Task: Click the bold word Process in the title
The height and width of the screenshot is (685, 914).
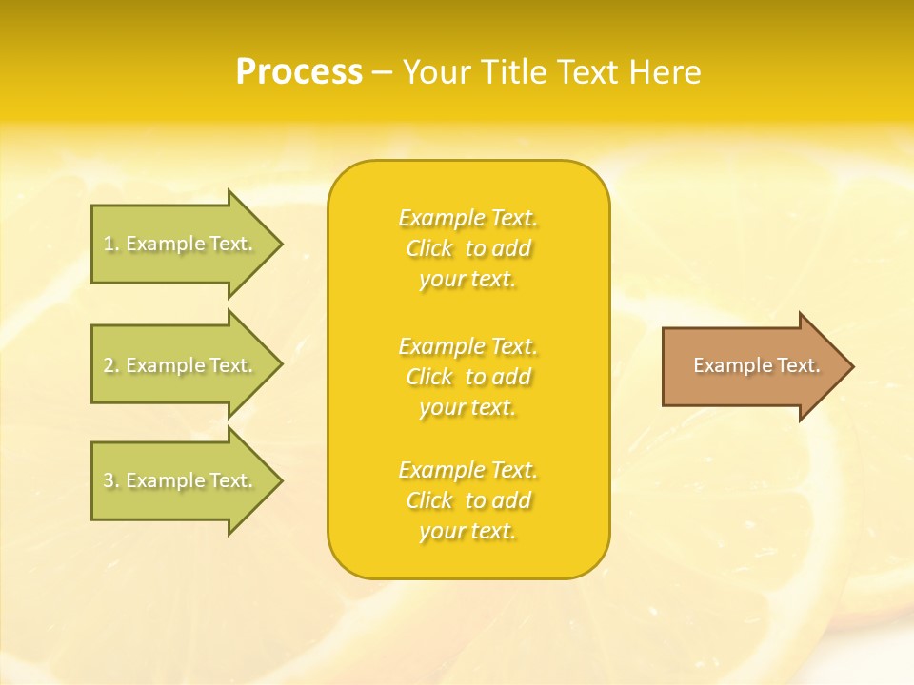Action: [299, 72]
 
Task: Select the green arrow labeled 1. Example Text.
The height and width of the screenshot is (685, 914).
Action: [181, 244]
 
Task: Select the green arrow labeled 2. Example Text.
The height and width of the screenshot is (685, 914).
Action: [181, 365]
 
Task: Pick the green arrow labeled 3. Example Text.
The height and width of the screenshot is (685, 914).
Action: [181, 480]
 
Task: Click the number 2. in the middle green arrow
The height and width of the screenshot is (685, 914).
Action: [110, 365]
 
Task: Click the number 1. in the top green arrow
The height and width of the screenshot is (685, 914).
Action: [110, 244]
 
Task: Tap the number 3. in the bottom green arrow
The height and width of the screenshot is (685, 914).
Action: [110, 480]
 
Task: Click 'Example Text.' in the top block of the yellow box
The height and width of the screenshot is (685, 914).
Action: [467, 218]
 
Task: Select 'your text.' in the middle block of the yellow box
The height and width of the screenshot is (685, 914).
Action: [467, 407]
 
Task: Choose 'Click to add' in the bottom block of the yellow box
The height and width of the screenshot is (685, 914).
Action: [467, 500]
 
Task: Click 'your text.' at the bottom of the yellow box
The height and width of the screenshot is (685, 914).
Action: [467, 531]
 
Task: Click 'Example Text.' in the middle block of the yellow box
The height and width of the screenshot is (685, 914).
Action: [467, 345]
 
